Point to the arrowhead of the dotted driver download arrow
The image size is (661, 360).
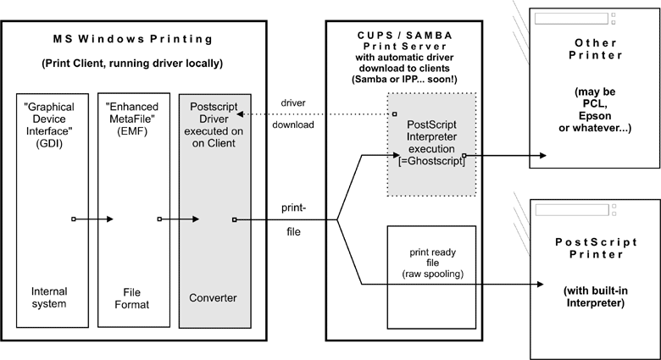(240, 114)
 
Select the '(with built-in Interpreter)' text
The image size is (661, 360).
(592, 297)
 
